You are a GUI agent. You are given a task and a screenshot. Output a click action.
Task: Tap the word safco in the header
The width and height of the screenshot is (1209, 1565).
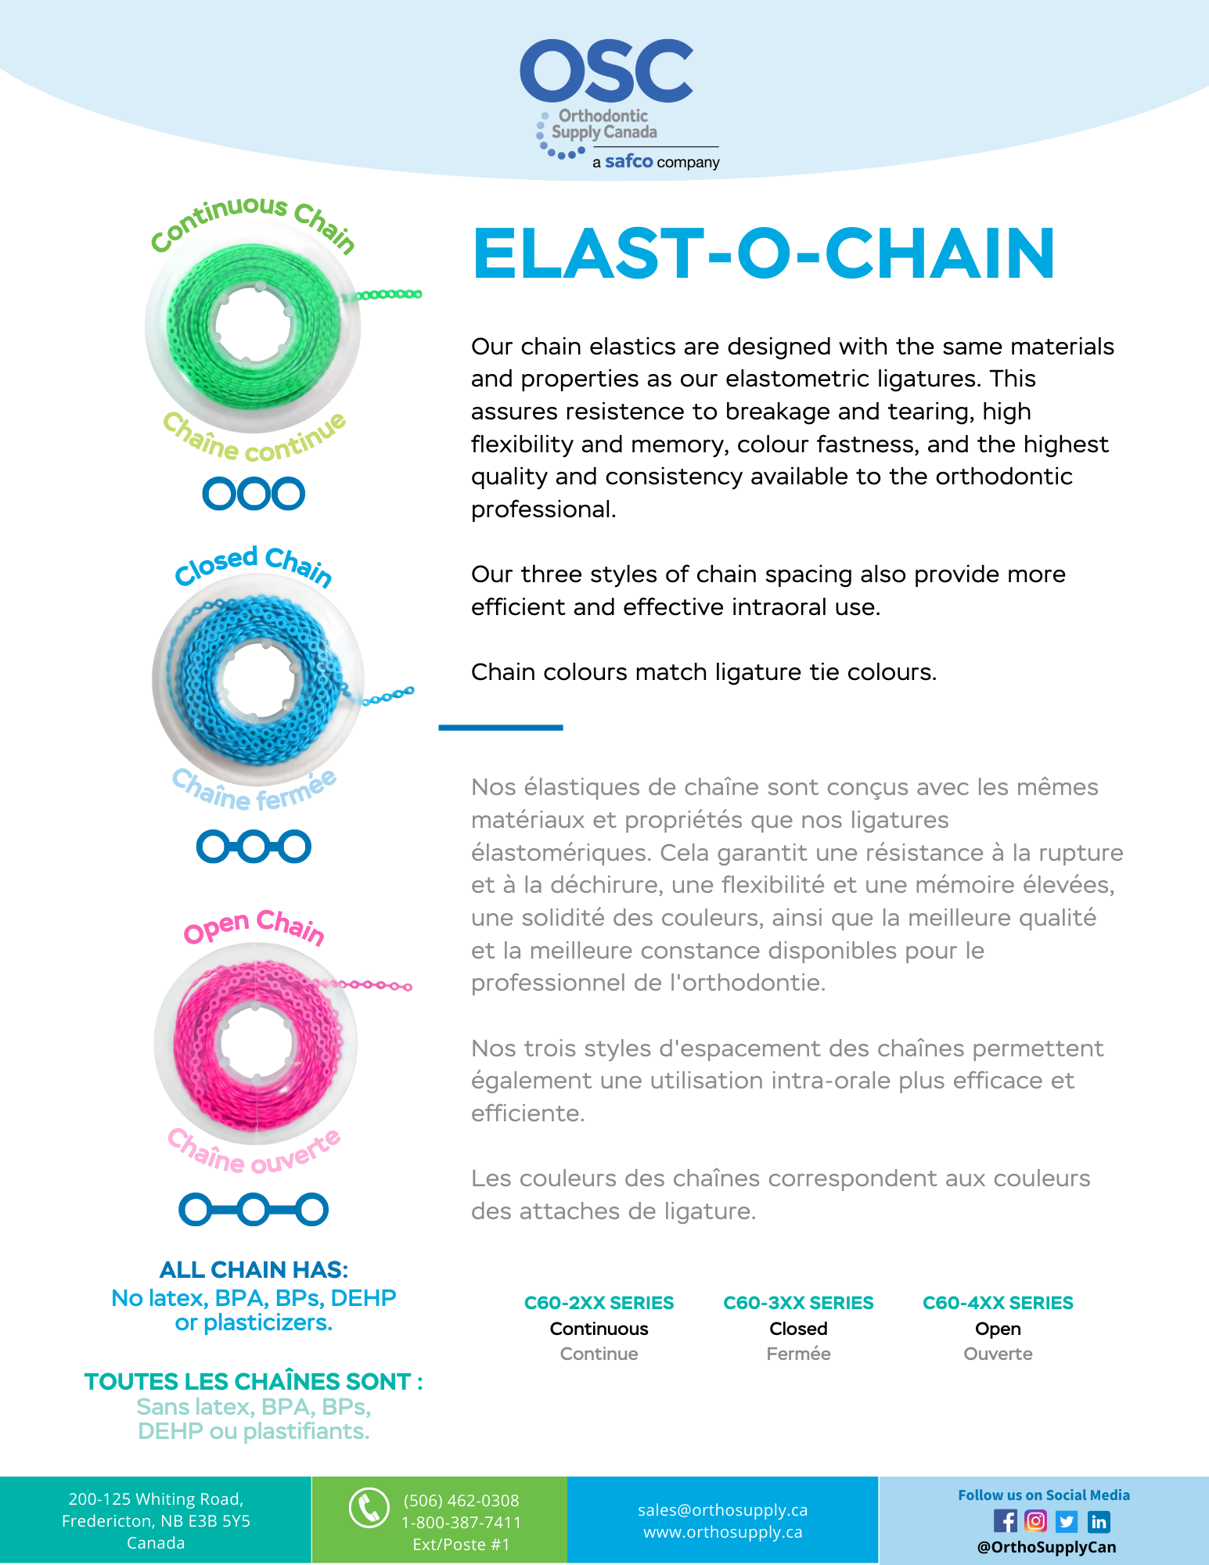628,161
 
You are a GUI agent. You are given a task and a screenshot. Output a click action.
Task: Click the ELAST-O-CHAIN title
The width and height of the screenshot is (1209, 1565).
764,254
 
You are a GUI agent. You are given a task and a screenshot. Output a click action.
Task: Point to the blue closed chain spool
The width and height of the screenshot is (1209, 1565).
257,679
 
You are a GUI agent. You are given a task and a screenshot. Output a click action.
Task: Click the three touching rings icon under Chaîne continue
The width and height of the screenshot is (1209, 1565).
254,494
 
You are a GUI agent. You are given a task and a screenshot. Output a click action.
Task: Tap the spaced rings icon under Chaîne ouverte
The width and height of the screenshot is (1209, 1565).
254,1209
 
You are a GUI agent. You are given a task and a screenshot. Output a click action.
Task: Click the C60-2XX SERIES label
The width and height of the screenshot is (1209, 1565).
599,1303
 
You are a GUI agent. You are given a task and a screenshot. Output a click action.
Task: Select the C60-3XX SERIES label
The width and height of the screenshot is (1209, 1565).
798,1303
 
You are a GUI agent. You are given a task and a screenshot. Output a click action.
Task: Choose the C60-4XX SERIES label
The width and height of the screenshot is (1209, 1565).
998,1303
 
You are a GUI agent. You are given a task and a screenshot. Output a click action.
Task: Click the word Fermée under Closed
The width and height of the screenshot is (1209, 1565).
798,1354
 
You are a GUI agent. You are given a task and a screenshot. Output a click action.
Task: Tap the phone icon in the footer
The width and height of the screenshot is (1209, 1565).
369,1508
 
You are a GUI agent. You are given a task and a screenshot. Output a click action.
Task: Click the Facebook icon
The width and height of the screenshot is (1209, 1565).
1005,1521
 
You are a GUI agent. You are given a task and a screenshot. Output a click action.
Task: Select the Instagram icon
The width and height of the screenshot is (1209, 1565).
1035,1521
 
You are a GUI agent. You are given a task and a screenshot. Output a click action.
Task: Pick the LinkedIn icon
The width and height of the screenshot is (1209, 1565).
1099,1521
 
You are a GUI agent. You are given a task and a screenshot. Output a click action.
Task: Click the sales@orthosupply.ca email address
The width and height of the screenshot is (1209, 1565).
722,1510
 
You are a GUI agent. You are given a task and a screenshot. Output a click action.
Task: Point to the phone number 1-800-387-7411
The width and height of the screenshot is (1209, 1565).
461,1523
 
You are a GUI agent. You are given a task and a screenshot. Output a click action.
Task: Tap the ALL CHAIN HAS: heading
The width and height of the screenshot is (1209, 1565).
254,1269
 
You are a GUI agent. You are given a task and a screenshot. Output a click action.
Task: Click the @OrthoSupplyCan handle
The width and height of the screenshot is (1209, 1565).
1046,1547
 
